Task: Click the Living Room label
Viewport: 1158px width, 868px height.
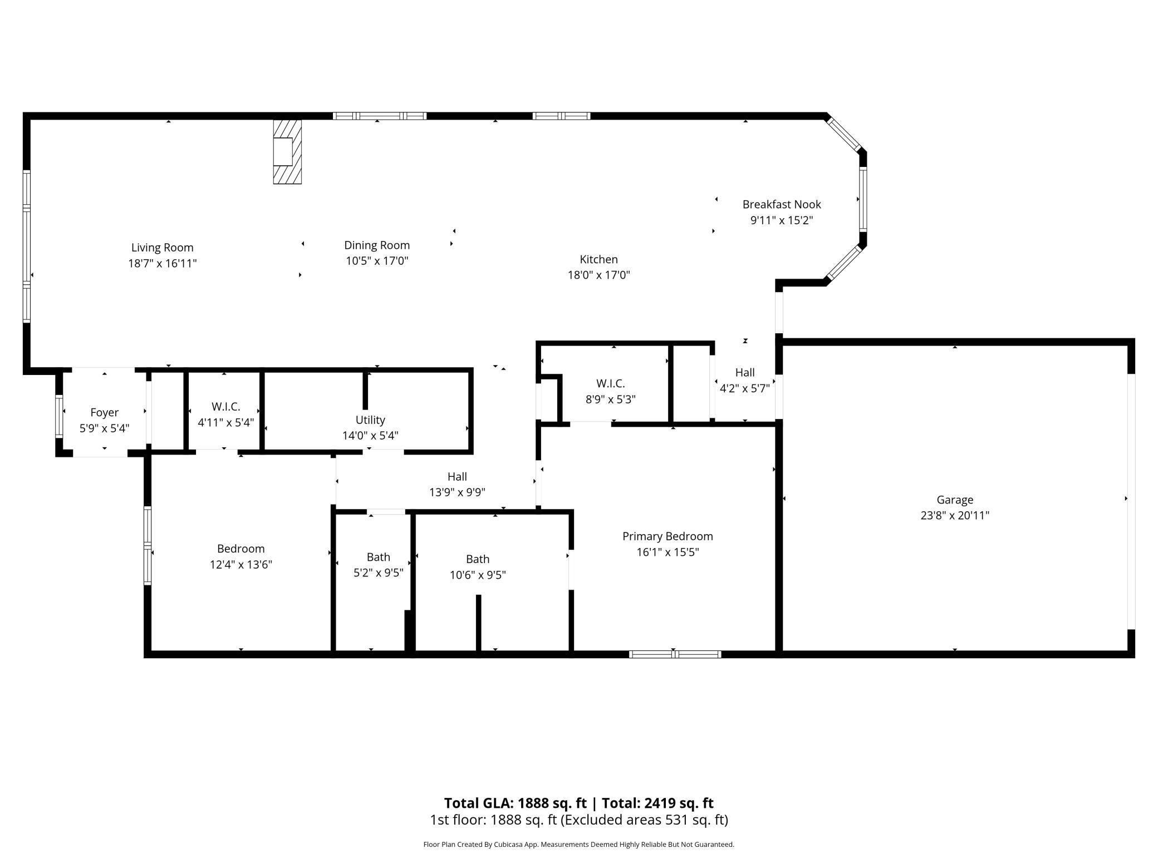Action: (x=162, y=248)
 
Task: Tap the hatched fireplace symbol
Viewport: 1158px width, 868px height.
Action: (x=287, y=151)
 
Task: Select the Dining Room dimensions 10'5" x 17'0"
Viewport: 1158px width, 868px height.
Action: (x=377, y=261)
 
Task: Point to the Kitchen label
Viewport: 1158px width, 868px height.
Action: (x=598, y=259)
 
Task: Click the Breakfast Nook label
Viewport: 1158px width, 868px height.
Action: (x=781, y=204)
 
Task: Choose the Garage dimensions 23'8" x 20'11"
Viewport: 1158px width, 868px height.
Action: (x=954, y=515)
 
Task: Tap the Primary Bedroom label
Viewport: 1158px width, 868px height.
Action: (x=667, y=536)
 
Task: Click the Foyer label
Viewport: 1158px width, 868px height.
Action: (x=104, y=412)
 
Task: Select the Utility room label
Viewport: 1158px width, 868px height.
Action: (x=370, y=420)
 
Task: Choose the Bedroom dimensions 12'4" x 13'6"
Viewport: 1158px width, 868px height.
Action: (x=241, y=565)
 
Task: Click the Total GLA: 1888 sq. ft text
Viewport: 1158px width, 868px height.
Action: (x=515, y=803)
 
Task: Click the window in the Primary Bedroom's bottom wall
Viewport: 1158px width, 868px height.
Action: (x=675, y=654)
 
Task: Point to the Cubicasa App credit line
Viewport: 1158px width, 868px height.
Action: (x=578, y=844)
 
